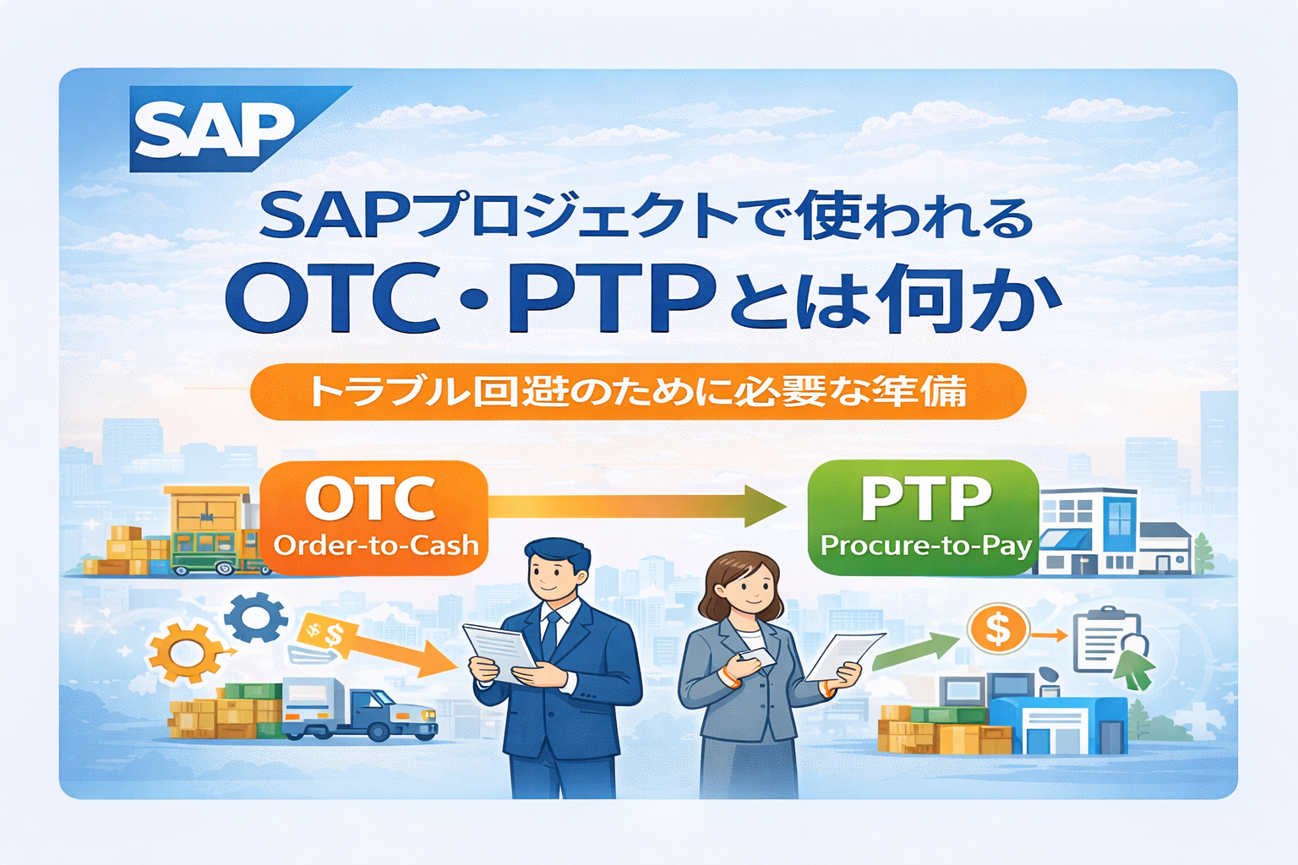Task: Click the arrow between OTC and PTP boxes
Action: click(636, 506)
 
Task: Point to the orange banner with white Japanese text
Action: click(638, 391)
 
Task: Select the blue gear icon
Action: click(255, 617)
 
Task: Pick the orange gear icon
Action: click(185, 654)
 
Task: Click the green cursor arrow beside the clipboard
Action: click(1133, 669)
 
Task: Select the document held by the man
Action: click(499, 651)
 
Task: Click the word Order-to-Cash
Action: click(376, 546)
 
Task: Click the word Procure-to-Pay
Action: click(926, 545)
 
